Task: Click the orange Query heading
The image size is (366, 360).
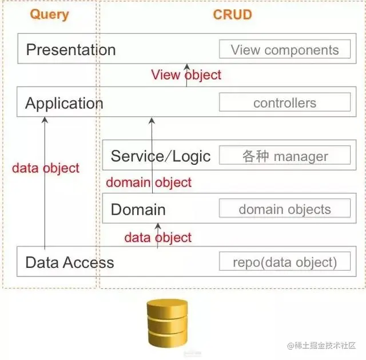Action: (49, 14)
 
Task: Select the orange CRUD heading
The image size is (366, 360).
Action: (232, 14)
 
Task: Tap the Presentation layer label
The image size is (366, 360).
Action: (71, 50)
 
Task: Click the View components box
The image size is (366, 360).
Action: (285, 50)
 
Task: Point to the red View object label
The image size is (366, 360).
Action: (186, 75)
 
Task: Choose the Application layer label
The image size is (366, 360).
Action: (64, 104)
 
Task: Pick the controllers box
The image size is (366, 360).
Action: (285, 104)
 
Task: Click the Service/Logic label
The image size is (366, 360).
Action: (161, 156)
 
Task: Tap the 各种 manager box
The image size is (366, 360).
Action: (285, 156)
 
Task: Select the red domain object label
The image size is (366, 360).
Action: (149, 183)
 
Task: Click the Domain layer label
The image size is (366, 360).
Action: (138, 209)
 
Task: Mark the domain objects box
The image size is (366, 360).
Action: (285, 209)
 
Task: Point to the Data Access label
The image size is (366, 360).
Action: (70, 263)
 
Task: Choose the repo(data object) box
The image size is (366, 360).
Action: (285, 263)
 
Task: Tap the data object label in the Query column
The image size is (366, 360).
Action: (46, 168)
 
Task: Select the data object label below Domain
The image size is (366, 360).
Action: (158, 238)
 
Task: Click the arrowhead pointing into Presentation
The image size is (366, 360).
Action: (186, 68)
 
